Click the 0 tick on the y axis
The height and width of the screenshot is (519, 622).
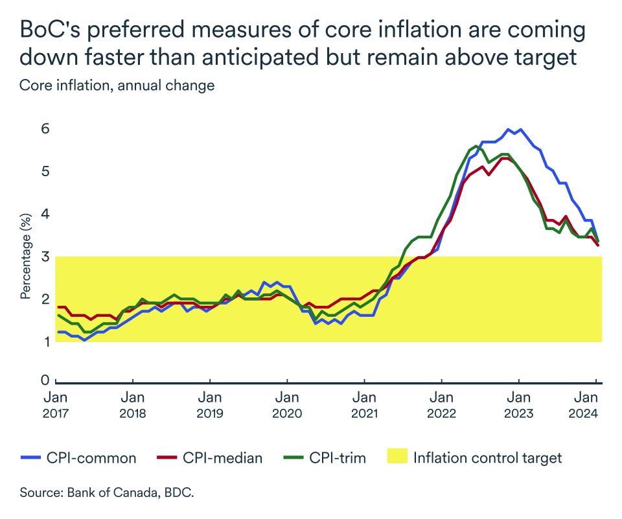click(x=45, y=380)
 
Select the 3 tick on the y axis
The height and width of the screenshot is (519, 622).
click(x=45, y=256)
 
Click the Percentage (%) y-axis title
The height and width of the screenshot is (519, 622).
click(x=26, y=256)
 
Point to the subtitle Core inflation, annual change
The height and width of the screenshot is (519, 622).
click(x=117, y=86)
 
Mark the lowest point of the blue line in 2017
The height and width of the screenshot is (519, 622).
click(x=84, y=340)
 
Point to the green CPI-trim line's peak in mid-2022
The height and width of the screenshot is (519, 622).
click(x=476, y=146)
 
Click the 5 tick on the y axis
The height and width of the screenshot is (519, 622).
click(x=45, y=172)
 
